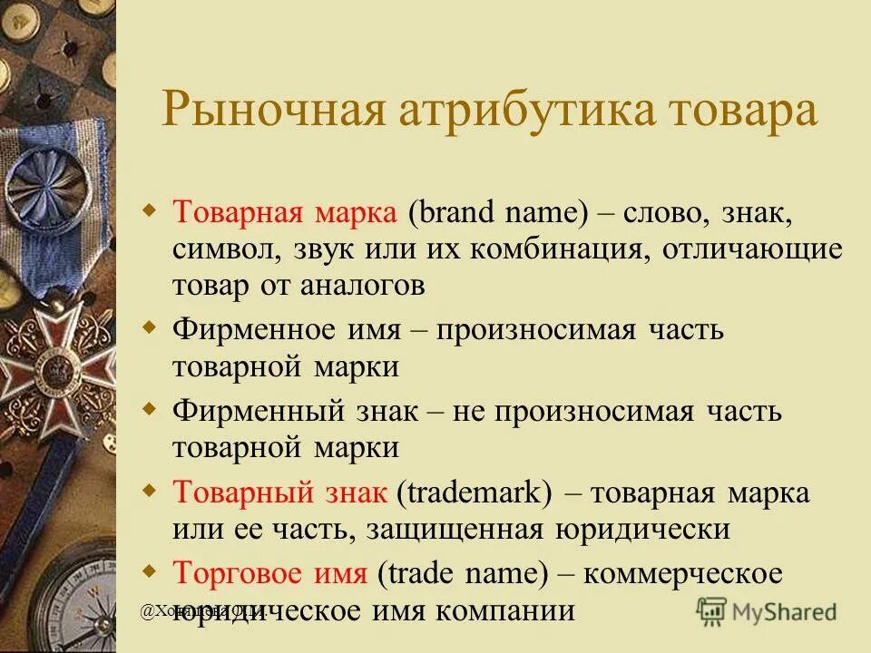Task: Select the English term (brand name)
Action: (x=493, y=214)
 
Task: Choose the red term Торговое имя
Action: (x=269, y=573)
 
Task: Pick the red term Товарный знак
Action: (x=279, y=493)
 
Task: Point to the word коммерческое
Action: (x=682, y=573)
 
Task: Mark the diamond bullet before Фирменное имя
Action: (x=151, y=325)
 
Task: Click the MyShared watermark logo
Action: (x=767, y=609)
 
